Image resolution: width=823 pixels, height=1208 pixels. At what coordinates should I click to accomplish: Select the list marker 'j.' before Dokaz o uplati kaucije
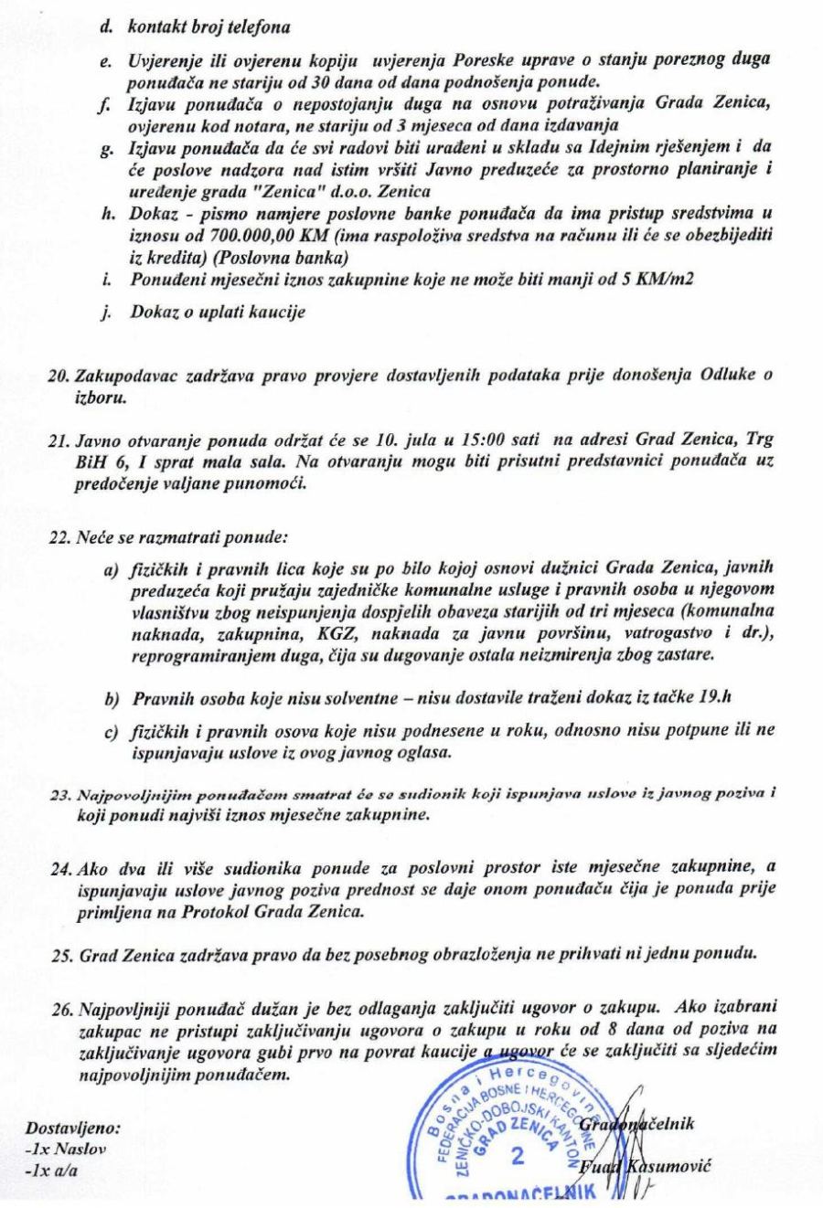point(106,312)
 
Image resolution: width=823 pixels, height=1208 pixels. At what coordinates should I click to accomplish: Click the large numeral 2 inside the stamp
point(518,1158)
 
